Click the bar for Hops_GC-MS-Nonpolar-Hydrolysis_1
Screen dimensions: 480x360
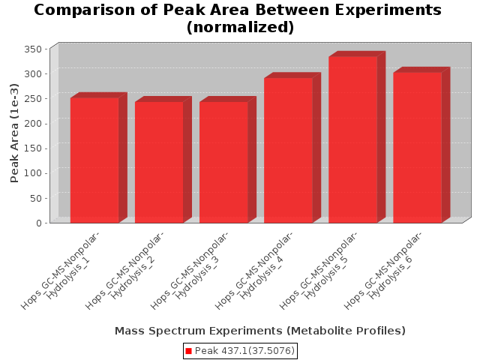point(94,160)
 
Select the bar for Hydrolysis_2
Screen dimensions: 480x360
point(159,162)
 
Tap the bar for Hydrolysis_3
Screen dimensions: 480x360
point(223,162)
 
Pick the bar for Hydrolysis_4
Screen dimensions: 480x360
point(288,150)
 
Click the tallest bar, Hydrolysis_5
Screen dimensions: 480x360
point(353,139)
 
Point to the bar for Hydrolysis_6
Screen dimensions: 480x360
point(418,148)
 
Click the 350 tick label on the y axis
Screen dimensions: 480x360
point(33,49)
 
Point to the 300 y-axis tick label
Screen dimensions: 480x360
point(33,73)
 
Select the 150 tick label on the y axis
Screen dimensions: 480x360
point(33,148)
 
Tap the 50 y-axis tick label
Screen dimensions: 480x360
point(36,198)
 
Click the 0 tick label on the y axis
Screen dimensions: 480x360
point(39,223)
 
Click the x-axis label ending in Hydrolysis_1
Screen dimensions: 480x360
point(60,271)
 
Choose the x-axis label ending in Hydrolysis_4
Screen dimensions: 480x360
point(253,271)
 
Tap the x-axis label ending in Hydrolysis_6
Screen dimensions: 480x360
point(383,271)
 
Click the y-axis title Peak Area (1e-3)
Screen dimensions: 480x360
point(14,133)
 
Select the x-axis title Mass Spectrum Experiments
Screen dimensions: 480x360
point(198,331)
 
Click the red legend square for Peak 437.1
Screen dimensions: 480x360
point(188,351)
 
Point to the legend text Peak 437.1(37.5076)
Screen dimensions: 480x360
point(244,351)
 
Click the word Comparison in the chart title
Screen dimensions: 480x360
point(85,10)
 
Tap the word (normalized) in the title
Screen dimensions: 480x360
point(240,27)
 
